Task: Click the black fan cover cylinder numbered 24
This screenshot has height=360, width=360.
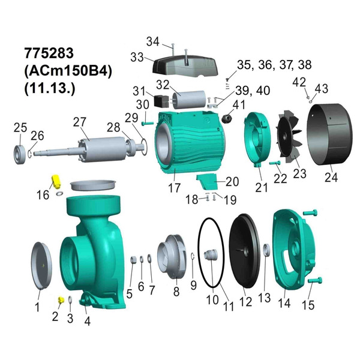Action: pos(329,137)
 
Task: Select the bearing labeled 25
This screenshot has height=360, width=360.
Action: pos(19,149)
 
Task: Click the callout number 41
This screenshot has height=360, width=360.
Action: pos(239,104)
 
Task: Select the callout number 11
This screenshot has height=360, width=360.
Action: pos(227,306)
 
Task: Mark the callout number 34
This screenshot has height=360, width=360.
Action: pos(153,41)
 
